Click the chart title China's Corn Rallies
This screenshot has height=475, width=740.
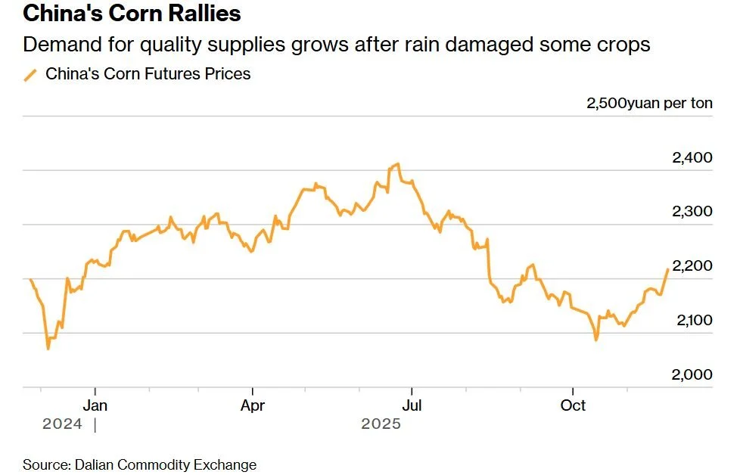tap(132, 14)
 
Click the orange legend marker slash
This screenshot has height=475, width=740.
tap(30, 74)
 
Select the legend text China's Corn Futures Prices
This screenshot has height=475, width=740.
tap(148, 74)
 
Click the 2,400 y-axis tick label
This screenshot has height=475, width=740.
tap(692, 158)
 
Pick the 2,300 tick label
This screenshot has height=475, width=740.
tap(692, 212)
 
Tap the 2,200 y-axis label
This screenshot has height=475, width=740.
tap(692, 266)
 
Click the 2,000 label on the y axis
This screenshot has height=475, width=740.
tap(692, 375)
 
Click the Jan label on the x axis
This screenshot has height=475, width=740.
tap(95, 405)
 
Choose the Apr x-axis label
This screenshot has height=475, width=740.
tap(252, 405)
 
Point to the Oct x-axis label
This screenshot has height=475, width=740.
tap(573, 405)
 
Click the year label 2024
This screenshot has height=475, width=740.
tap(62, 424)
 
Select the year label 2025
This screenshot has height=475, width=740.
tap(381, 424)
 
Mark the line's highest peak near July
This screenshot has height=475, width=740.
tap(397, 163)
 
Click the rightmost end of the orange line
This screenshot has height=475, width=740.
tap(667, 269)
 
